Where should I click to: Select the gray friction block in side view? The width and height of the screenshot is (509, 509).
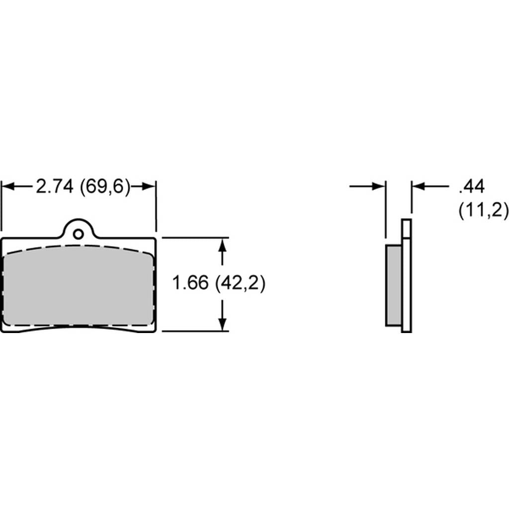(394, 285)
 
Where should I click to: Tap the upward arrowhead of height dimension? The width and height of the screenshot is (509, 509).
(222, 245)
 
